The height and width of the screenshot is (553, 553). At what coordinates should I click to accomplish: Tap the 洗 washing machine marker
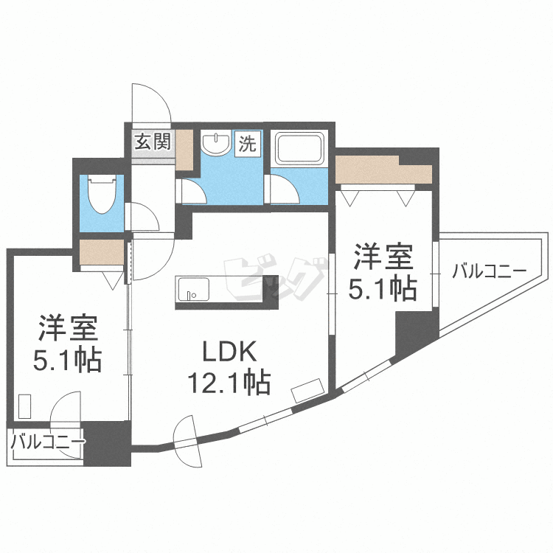click(x=247, y=143)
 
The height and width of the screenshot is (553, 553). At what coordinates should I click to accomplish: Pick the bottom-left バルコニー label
click(x=46, y=442)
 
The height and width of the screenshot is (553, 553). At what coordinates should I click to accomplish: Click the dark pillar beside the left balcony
click(x=106, y=443)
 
